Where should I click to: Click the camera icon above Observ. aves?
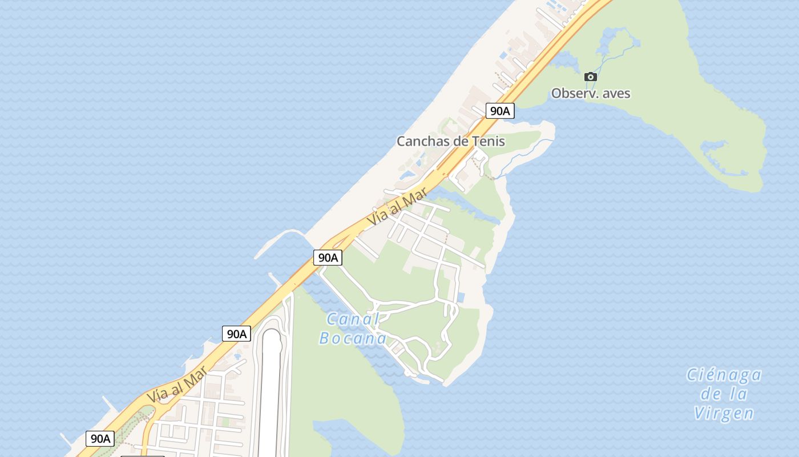point(591,77)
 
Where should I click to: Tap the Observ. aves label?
point(591,93)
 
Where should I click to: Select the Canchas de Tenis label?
point(451,141)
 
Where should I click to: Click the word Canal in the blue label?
point(353,319)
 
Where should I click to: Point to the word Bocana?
point(353,338)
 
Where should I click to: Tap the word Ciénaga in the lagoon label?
point(724,375)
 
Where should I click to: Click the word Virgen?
point(724,413)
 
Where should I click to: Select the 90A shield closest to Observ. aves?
point(500,111)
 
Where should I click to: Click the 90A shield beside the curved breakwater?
point(328,258)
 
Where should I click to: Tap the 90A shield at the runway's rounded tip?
point(236,334)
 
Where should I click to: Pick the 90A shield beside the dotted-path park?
point(100,439)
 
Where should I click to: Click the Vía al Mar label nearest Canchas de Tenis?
point(397,209)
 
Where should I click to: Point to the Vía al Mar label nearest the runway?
point(177,386)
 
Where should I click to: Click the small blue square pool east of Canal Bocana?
point(461,298)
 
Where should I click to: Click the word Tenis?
point(489,141)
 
